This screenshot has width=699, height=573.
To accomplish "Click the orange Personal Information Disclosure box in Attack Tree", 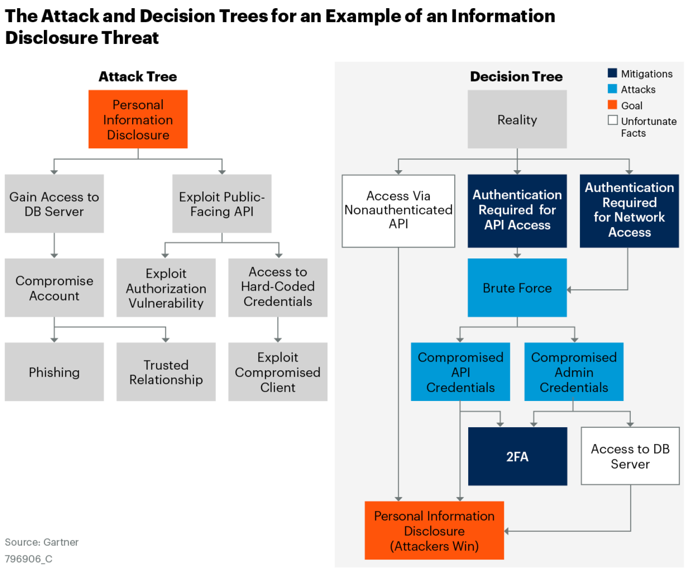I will (x=138, y=119).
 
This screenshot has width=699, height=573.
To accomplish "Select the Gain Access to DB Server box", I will (x=54, y=204).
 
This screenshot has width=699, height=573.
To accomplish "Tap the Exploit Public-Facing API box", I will (x=222, y=204).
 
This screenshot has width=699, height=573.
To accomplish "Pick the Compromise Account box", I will (x=54, y=288).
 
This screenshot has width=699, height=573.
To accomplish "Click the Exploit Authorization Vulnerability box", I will (x=166, y=288).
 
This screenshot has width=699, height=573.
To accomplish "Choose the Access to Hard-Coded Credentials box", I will (x=278, y=288).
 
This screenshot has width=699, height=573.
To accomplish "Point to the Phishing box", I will (x=54, y=372).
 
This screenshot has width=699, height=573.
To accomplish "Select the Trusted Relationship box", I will (x=166, y=372).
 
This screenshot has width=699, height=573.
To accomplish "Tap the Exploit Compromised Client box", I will (x=278, y=372).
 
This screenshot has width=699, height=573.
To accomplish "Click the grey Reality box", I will (x=517, y=119).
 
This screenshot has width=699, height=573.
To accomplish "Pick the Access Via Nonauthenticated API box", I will (x=398, y=211).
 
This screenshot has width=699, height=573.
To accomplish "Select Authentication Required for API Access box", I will (x=517, y=211).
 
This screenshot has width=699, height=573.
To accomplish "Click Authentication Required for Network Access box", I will (x=629, y=211).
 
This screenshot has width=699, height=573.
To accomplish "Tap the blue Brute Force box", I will (x=517, y=288).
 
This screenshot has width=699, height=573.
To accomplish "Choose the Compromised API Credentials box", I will (x=460, y=372).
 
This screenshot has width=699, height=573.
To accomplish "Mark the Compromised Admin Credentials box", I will (x=574, y=372).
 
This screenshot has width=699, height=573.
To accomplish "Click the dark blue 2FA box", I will (x=518, y=456).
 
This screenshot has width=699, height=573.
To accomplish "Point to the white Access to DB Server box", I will (x=630, y=456).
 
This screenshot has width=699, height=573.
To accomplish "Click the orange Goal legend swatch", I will (x=613, y=105).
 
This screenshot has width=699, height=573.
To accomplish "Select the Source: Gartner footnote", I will (x=42, y=542).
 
